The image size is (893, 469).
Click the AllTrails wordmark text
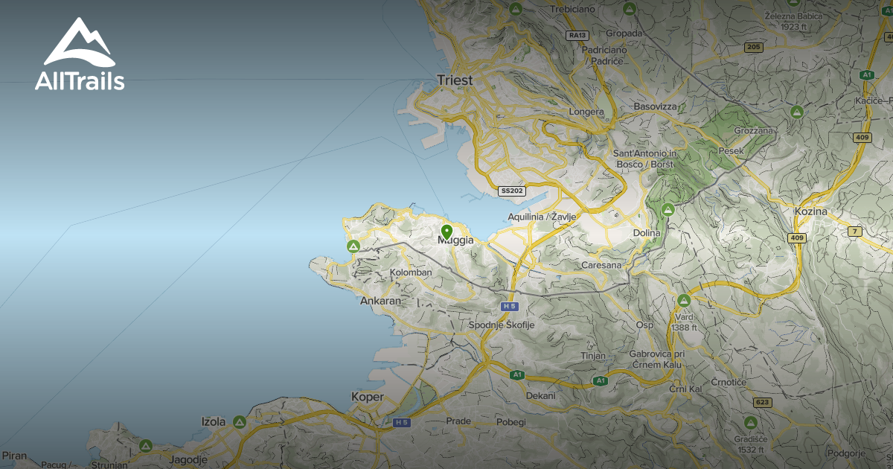click(80, 82)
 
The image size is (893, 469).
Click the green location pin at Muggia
click(446, 232)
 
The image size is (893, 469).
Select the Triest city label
click(455, 80)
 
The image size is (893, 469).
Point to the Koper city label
click(368, 397)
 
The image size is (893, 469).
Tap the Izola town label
click(214, 421)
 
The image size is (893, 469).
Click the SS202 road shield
click(512, 191)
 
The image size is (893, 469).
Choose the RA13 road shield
click(577, 35)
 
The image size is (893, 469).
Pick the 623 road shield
click(762, 402)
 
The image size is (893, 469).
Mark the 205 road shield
click(753, 48)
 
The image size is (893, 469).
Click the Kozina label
click(810, 212)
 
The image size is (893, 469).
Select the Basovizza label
click(656, 107)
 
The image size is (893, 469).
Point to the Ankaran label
click(380, 301)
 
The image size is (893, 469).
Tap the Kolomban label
click(411, 272)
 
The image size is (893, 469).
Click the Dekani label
click(541, 395)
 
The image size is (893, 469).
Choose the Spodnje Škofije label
click(502, 325)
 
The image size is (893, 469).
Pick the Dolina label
click(647, 233)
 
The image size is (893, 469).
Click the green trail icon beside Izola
click(239, 422)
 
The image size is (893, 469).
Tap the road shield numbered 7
click(854, 232)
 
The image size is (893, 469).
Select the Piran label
click(14, 455)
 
